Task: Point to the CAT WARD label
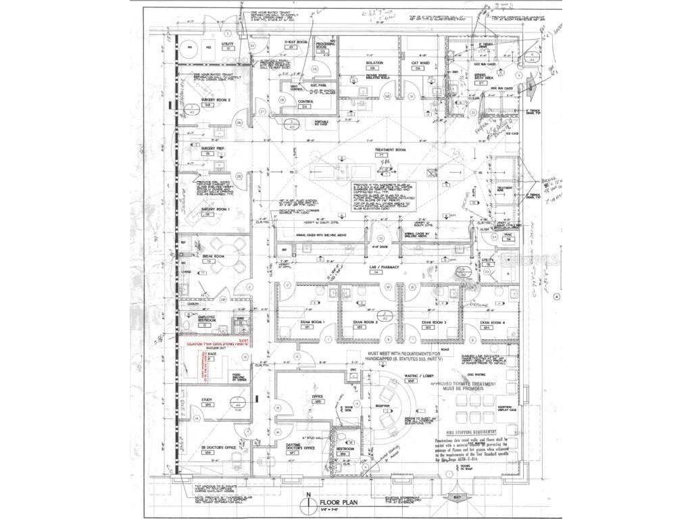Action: click(x=419, y=63)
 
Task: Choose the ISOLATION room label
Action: click(x=374, y=63)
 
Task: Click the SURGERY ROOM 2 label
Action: click(x=216, y=99)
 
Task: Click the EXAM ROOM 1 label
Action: click(x=314, y=322)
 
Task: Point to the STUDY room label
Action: click(x=207, y=400)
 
